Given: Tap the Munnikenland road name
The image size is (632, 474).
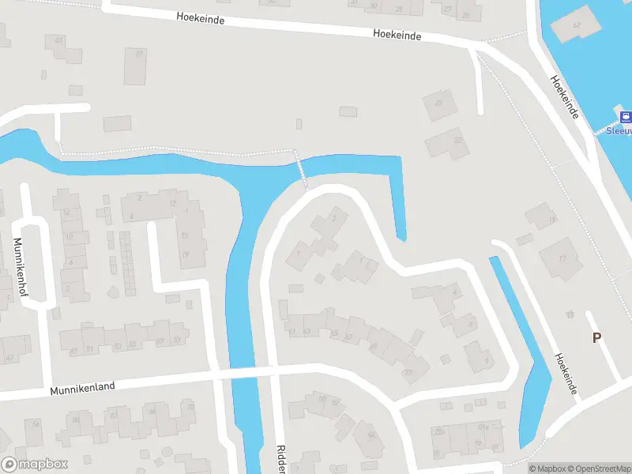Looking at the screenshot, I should point(83,387).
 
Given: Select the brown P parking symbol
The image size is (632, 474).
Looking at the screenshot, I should point(597,337).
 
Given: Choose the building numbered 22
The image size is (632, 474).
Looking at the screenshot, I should point(448,144).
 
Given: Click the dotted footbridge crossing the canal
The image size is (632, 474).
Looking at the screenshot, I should point(301,169).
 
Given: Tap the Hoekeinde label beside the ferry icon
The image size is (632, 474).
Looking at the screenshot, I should point(566,97).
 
